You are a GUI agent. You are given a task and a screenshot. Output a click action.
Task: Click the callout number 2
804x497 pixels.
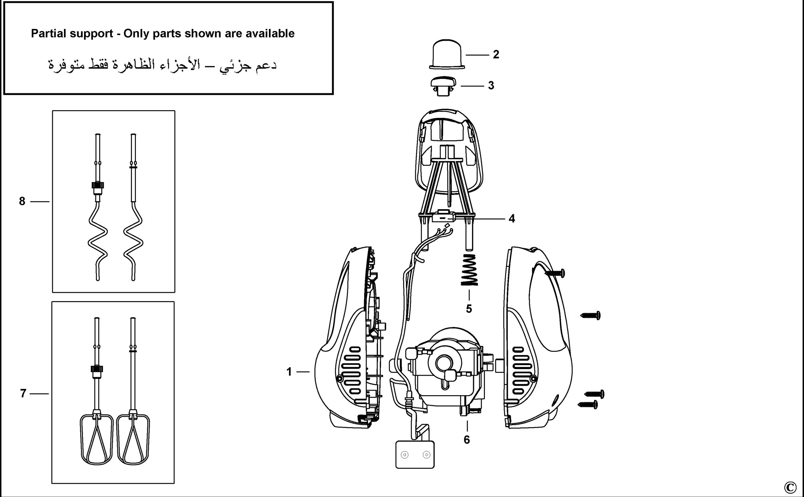[496, 54]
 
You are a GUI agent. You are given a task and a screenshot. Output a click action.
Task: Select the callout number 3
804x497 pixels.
[491, 86]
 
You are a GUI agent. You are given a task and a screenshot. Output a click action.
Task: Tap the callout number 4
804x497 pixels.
[512, 219]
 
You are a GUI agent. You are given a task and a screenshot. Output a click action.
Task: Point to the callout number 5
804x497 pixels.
[469, 309]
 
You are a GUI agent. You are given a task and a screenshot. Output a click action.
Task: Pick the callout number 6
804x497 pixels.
[467, 440]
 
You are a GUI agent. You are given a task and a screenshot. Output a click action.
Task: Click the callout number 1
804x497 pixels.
[289, 372]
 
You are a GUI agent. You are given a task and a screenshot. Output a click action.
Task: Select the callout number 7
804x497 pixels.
[23, 394]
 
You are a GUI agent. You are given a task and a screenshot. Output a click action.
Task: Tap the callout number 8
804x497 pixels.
[22, 201]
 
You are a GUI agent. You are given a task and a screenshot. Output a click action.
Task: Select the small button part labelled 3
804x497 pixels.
[444, 86]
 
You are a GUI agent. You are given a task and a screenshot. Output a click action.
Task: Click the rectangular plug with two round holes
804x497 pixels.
[415, 454]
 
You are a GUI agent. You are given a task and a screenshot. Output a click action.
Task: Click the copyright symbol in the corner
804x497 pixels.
[790, 487]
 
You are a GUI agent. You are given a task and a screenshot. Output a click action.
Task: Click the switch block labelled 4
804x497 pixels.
[443, 217]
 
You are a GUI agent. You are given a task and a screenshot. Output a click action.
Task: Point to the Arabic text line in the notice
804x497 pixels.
[162, 65]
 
